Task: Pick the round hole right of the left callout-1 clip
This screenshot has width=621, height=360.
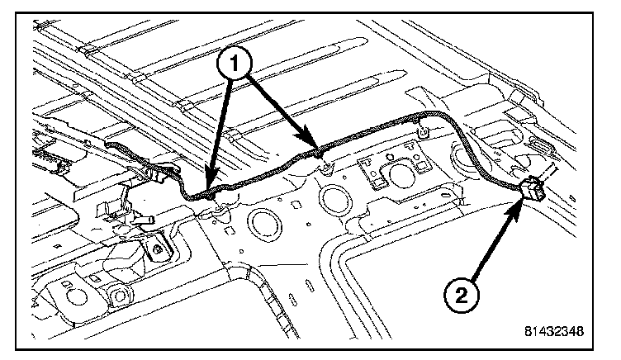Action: (266, 224)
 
